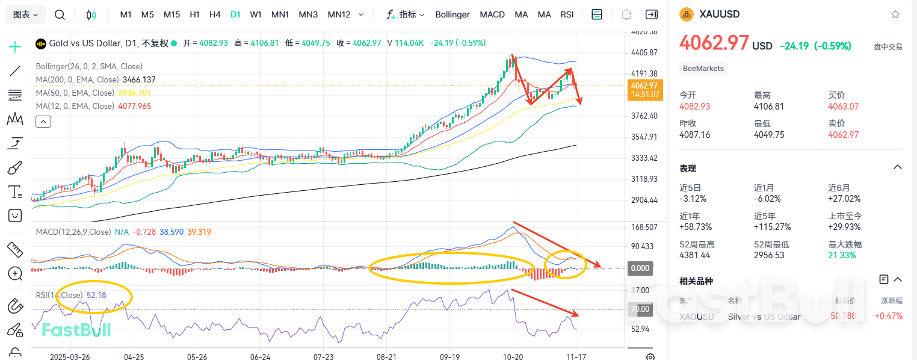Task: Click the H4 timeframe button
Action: [x=215, y=14]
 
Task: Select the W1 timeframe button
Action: [x=256, y=14]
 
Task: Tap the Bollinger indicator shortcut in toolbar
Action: [x=452, y=14]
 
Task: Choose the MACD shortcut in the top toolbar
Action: [x=492, y=14]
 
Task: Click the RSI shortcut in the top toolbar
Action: [x=567, y=14]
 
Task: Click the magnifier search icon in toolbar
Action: [x=60, y=14]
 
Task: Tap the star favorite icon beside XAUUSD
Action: [x=895, y=14]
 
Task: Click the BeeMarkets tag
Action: [x=703, y=69]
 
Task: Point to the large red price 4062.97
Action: [x=714, y=43]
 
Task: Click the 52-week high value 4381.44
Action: [x=694, y=255]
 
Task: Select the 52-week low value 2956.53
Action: [x=769, y=255]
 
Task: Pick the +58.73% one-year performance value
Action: [x=696, y=227]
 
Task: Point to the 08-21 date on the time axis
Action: [x=386, y=356]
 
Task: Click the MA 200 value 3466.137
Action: [x=139, y=79]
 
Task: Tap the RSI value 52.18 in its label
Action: [x=96, y=295]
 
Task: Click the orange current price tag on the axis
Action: [x=645, y=90]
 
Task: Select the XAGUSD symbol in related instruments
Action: [x=697, y=317]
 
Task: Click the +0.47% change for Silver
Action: [x=889, y=316]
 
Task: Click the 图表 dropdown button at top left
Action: [x=25, y=14]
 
